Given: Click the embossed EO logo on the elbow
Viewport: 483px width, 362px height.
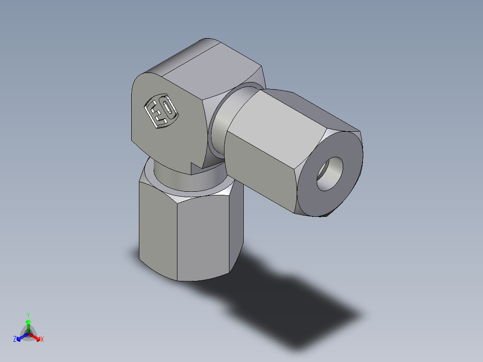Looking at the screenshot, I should click(161, 111).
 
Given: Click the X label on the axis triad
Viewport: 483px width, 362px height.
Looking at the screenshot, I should click(42, 340).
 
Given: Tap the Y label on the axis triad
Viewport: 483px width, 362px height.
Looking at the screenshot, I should click(28, 315).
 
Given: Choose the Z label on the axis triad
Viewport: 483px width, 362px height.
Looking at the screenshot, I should click(15, 340).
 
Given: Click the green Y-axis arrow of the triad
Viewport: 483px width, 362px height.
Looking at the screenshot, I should click(28, 325).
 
